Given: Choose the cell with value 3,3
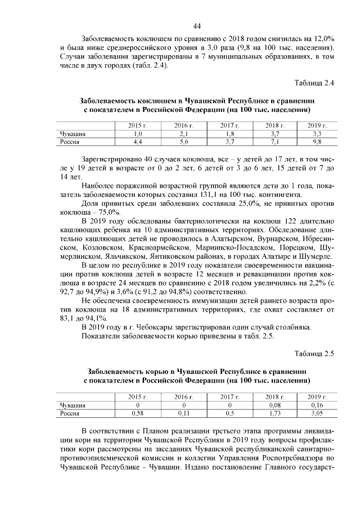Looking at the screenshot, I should (x=317, y=134).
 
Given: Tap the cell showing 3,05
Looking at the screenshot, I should (x=317, y=413).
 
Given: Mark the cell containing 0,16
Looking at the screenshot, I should (x=317, y=405).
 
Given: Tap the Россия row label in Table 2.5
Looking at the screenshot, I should (x=70, y=413).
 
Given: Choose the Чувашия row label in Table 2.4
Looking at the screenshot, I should (x=73, y=134).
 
